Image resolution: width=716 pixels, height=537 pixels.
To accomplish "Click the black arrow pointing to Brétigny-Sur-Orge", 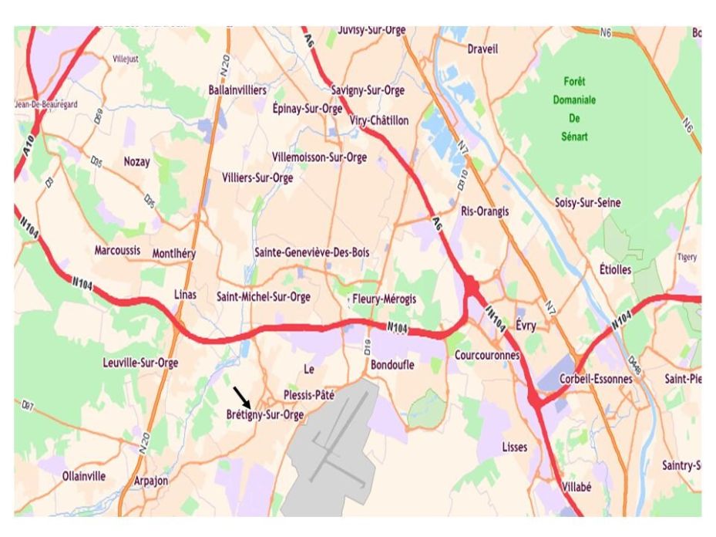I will pos(243,397).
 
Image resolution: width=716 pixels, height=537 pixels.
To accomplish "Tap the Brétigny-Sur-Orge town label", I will pos(264,414).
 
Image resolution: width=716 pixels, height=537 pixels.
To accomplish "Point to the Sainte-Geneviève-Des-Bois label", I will pos(312,252).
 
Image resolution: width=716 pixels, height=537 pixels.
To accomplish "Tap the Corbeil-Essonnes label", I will pos(597,379).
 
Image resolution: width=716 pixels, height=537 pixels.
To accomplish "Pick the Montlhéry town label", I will pos(174,253).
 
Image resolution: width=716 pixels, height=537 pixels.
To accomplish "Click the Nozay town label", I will pos(136,161).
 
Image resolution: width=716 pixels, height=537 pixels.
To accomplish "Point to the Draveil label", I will pos(482,49).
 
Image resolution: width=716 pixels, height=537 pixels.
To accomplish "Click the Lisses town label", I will pos(514,447).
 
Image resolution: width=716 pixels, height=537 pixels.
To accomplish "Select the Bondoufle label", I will pos(392,365).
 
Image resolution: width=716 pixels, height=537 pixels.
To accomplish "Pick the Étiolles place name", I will pos(614,270).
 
